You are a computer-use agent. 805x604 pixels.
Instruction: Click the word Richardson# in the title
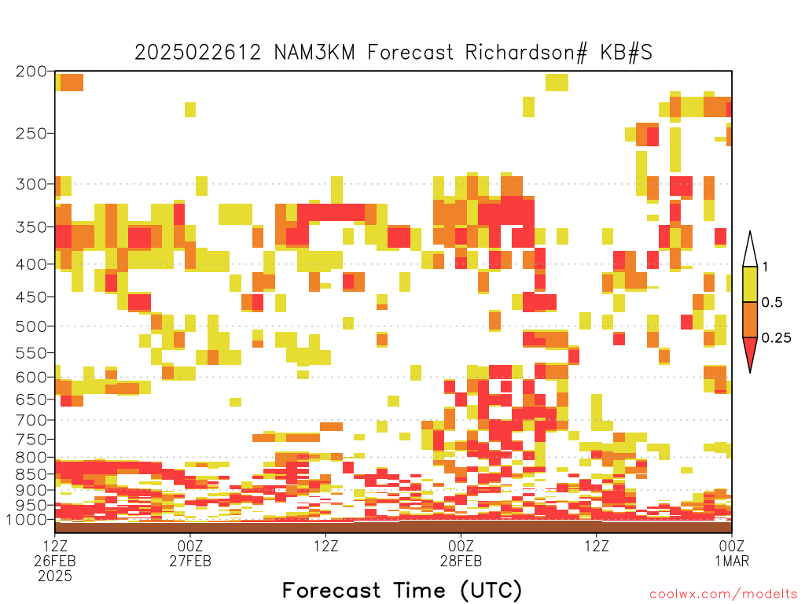tap(526, 53)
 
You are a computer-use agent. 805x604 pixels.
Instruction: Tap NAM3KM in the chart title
tap(314, 53)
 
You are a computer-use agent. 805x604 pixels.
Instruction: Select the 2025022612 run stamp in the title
tap(197, 53)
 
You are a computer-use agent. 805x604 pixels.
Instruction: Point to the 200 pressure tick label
tap(31, 72)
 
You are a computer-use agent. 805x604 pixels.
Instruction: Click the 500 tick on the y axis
tap(31, 326)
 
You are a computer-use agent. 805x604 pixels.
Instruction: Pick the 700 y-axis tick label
tap(31, 421)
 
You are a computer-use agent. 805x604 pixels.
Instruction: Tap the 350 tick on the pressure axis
tap(31, 227)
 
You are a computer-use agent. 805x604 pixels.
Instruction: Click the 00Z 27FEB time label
tap(190, 553)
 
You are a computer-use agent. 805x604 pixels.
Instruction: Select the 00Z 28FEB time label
tap(461, 553)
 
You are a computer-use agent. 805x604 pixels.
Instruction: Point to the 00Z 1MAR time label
tap(732, 553)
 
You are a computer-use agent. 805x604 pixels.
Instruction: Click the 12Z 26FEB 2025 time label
tap(55, 561)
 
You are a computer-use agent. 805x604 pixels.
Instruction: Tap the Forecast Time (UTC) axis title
tap(402, 591)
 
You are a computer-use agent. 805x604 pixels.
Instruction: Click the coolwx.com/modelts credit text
tap(723, 595)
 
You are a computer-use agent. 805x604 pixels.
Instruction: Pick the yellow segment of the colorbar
tap(750, 284)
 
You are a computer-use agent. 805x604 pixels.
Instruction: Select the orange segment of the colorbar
tap(750, 319)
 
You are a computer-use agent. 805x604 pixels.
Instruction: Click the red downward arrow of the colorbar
tap(750, 352)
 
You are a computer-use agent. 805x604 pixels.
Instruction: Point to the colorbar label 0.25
tap(776, 338)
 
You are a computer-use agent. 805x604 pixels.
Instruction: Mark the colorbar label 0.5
tap(772, 303)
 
